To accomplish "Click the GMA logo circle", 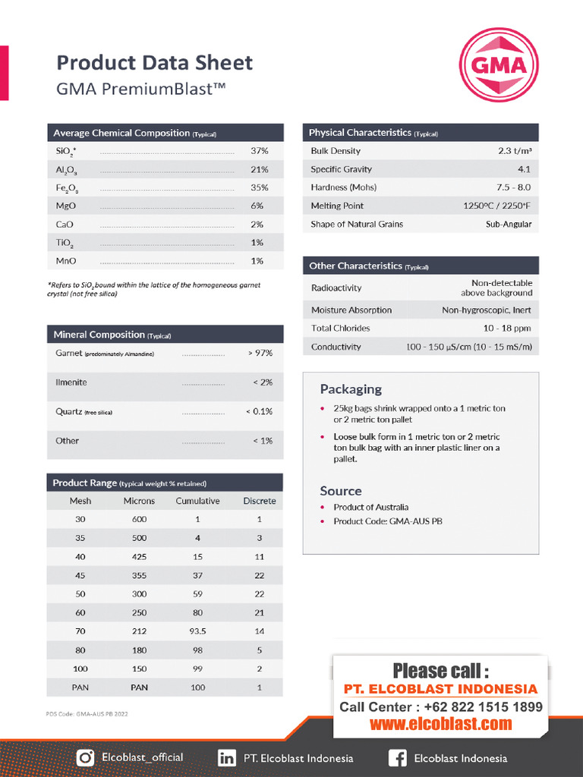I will (x=499, y=64).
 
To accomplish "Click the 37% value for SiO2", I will (x=257, y=151).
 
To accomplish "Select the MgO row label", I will (x=65, y=206).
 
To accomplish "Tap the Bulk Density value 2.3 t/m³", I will (x=515, y=151).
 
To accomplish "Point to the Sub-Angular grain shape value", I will (x=509, y=224).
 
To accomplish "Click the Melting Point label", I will (x=337, y=206).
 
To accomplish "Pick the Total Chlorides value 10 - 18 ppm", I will (x=507, y=329).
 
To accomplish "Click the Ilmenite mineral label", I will (x=71, y=382).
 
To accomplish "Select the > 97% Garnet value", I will (x=260, y=353).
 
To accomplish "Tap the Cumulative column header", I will (x=197, y=501).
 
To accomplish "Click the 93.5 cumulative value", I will (x=197, y=631).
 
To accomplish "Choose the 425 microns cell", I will (x=139, y=557).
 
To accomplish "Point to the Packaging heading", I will (x=351, y=389).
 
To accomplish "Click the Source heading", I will (x=341, y=491).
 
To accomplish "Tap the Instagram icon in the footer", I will (x=87, y=757).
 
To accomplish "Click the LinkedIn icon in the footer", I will (x=226, y=757).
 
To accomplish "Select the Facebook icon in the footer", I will (x=397, y=757).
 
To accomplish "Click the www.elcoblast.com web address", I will (x=441, y=724).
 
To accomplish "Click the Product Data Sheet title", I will (x=155, y=62).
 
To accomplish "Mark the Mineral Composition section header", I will (x=99, y=335).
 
